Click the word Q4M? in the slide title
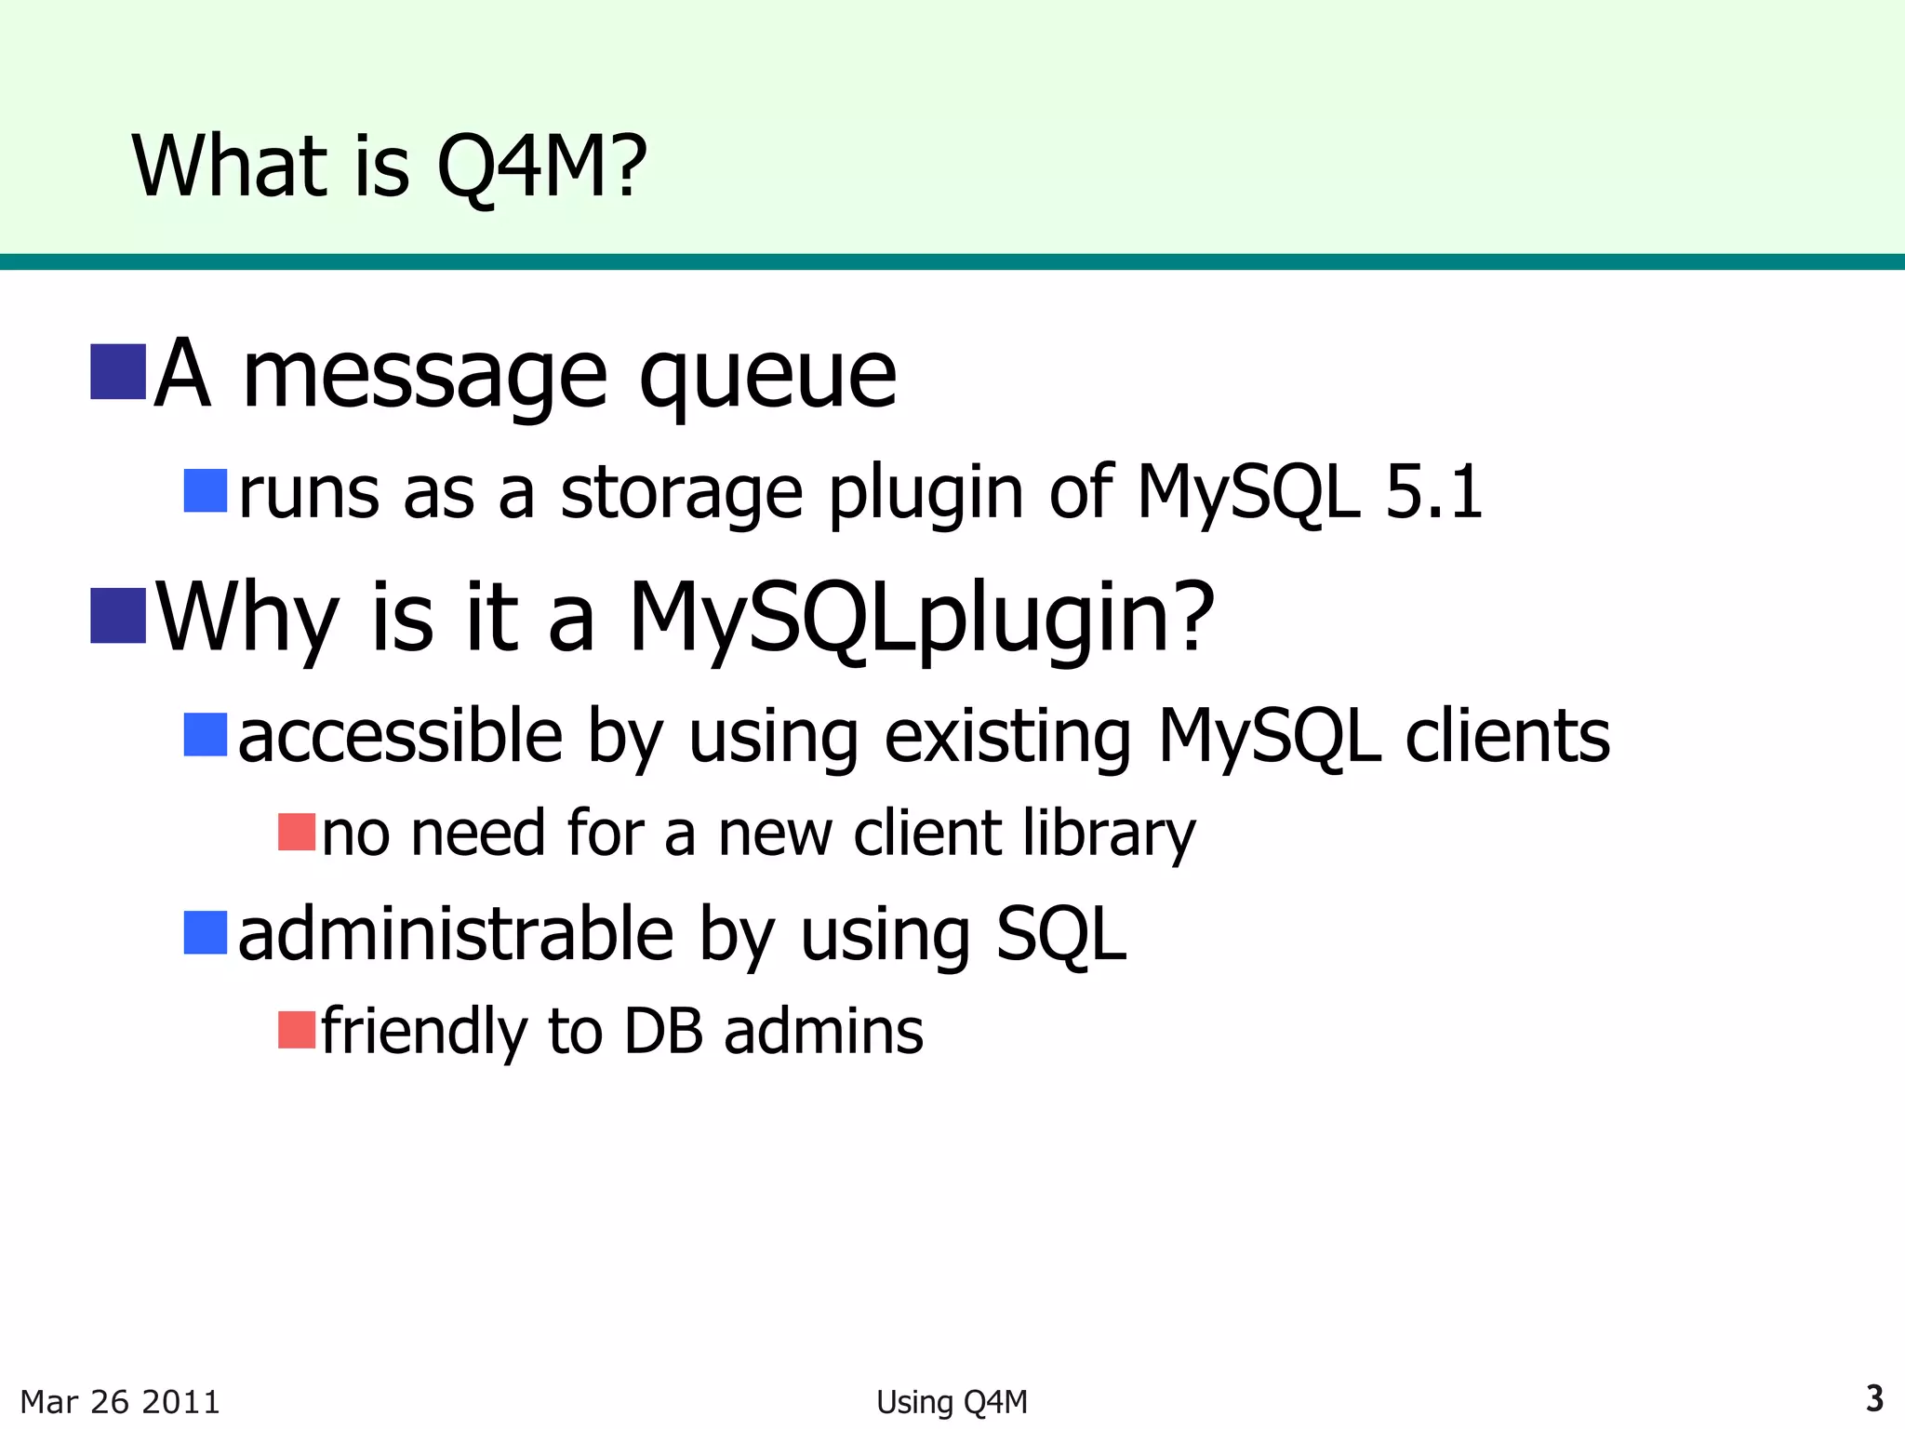[541, 167]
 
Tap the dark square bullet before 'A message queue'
[118, 372]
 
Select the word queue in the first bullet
[767, 377]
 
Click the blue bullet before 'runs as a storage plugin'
[206, 490]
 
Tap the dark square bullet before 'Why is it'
[118, 616]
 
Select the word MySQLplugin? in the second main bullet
[921, 619]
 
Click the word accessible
[400, 736]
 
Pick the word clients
[1507, 736]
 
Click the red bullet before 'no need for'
[297, 832]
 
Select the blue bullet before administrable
[206, 932]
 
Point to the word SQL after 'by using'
[1061, 935]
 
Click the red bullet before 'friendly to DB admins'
[297, 1030]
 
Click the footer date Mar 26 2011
[120, 1401]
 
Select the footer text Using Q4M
[952, 1401]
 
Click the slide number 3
[1874, 1398]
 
